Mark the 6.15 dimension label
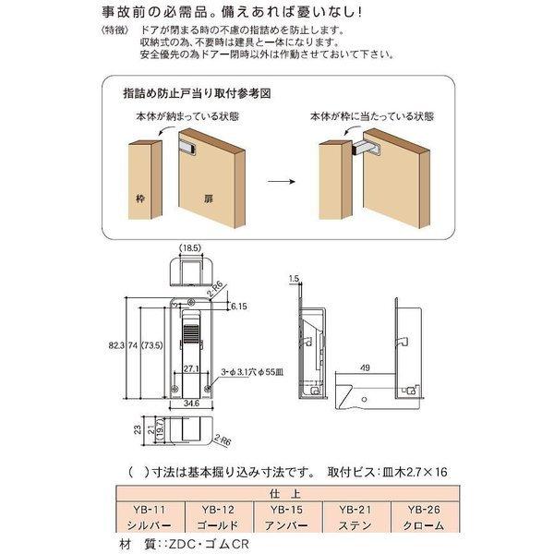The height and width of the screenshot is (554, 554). point(236,305)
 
